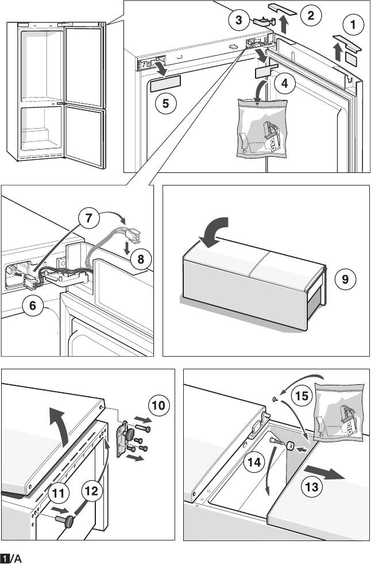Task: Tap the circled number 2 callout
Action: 310,16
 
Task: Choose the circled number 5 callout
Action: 165,104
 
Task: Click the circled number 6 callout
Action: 33,306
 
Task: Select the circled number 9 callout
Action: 345,280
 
